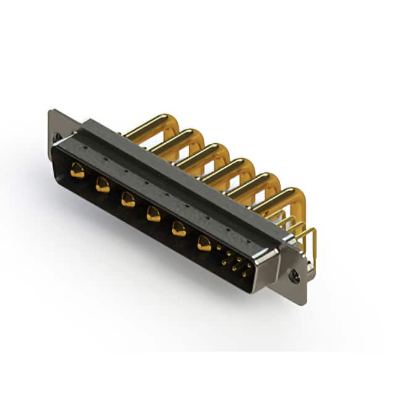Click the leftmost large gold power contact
77,171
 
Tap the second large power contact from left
102,185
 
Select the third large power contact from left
128,199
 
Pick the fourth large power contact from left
153,214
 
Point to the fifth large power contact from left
178,229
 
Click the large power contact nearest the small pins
204,243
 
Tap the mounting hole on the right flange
296,277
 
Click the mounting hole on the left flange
57,137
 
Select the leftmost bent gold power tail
154,123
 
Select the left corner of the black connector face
59,151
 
